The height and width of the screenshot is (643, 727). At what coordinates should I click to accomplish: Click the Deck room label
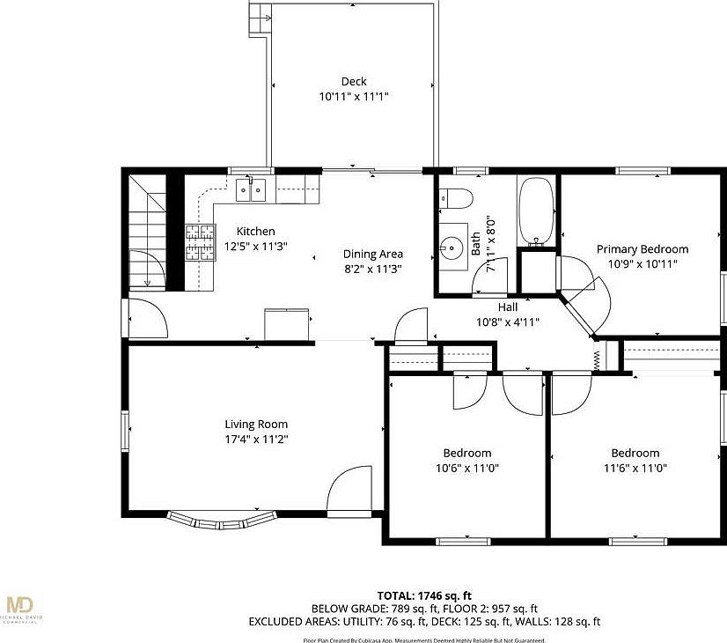[x=354, y=82]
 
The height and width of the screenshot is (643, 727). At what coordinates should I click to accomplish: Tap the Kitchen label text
[x=255, y=232]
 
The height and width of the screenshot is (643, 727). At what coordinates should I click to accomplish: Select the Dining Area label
[x=372, y=255]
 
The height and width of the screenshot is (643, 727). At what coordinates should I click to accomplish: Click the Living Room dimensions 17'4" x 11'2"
[x=256, y=439]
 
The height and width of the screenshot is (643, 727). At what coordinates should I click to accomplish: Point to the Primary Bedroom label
[x=643, y=249]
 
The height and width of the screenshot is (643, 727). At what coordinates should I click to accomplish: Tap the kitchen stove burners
[x=199, y=242]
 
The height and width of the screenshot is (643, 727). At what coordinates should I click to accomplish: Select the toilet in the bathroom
[x=457, y=198]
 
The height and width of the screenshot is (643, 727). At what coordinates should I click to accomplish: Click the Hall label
[x=508, y=307]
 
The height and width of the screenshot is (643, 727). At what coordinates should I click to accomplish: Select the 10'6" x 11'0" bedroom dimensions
[x=466, y=468]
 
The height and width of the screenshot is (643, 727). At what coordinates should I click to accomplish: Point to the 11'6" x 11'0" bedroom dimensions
[x=635, y=468]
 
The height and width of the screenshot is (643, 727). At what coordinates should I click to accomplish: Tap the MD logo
[x=19, y=605]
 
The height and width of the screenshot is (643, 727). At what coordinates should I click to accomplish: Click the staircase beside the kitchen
[x=146, y=229]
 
